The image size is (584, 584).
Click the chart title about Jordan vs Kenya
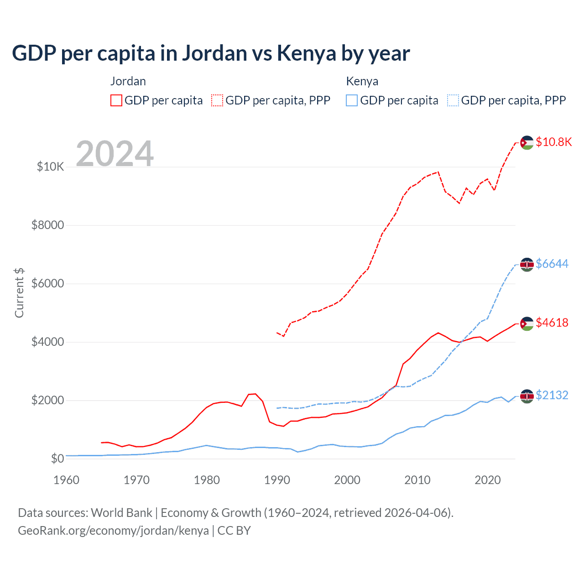211,53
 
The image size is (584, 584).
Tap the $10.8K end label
553,142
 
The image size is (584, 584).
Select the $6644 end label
552,264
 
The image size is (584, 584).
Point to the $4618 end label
552,323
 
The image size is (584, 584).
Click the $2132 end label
552,395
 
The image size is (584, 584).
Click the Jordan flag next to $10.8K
527,142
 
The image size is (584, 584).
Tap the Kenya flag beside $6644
527,264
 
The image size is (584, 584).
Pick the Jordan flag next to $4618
527,323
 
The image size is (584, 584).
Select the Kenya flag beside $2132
527,396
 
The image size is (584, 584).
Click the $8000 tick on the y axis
47,225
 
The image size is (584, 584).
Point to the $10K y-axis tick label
50,167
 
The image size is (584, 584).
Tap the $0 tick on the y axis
57,459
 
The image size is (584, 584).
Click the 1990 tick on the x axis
277,480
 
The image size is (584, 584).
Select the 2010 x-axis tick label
417,480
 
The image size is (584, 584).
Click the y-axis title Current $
19,293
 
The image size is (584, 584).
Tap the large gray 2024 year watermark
115,154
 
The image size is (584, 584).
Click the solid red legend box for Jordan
116,100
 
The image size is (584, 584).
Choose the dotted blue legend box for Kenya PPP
453,100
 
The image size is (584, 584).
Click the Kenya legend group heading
362,81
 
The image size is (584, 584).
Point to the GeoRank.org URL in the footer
113,531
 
